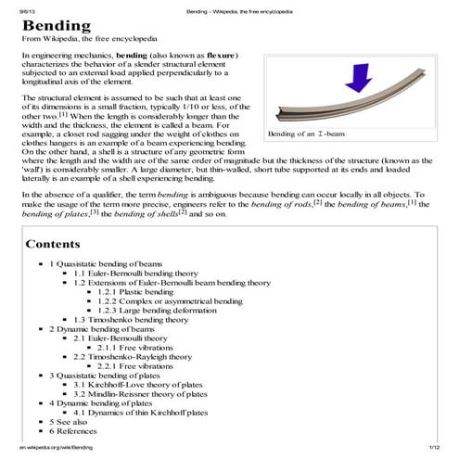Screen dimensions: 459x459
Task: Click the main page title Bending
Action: click(56, 25)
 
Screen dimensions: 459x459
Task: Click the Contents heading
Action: click(58, 244)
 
